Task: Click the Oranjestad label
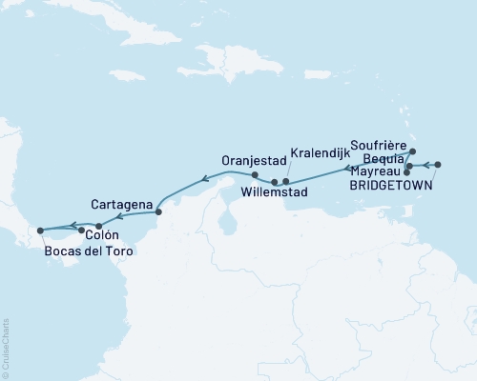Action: (252, 160)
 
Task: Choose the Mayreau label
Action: (375, 172)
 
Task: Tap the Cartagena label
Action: (123, 204)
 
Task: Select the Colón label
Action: (102, 233)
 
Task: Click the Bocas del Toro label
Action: (89, 252)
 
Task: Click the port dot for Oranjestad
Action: (255, 175)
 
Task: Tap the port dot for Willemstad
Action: (275, 181)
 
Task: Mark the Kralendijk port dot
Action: (286, 181)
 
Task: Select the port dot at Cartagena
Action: (158, 211)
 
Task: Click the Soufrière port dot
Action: (412, 151)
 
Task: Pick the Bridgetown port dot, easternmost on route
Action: (438, 166)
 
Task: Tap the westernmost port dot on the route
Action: (39, 231)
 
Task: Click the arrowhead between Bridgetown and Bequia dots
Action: (423, 167)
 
